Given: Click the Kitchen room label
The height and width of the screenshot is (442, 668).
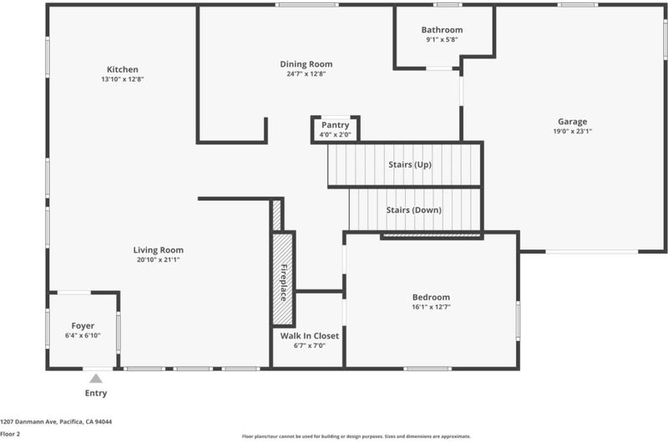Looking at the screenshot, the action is [x=122, y=69].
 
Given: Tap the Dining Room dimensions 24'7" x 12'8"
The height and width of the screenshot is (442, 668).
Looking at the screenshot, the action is [x=306, y=73].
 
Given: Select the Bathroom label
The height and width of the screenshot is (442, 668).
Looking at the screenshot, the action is [x=442, y=30].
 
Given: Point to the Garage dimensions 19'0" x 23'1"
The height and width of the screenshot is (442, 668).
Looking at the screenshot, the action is [x=572, y=131].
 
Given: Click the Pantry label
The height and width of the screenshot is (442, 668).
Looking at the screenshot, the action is [x=336, y=125].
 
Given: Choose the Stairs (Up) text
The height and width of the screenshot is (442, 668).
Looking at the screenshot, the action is [x=410, y=164].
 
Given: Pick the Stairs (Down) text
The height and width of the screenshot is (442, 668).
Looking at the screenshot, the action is [x=413, y=210].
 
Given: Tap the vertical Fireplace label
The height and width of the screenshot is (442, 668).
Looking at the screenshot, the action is [x=284, y=283].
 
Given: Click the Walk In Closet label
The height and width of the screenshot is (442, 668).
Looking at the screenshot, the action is [x=310, y=335].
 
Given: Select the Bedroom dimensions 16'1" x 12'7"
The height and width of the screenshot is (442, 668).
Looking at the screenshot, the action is [x=431, y=307].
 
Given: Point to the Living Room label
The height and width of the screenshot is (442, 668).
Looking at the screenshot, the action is [x=158, y=250].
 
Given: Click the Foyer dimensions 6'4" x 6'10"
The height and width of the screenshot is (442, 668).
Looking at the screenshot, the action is [x=83, y=335].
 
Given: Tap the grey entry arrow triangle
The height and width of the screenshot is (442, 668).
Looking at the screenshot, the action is [x=96, y=378].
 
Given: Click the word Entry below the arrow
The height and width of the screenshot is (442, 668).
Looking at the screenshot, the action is [x=96, y=393].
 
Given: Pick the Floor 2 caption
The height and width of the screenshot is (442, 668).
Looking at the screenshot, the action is [x=10, y=434].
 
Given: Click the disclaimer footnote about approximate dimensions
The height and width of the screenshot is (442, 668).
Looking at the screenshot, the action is [x=357, y=436].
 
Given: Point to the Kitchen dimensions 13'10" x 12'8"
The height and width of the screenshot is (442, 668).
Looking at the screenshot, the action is [x=122, y=79].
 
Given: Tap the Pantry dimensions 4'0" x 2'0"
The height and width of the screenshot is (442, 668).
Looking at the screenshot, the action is [x=336, y=135].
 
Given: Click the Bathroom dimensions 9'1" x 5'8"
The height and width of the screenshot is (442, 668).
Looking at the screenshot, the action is [x=442, y=39].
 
